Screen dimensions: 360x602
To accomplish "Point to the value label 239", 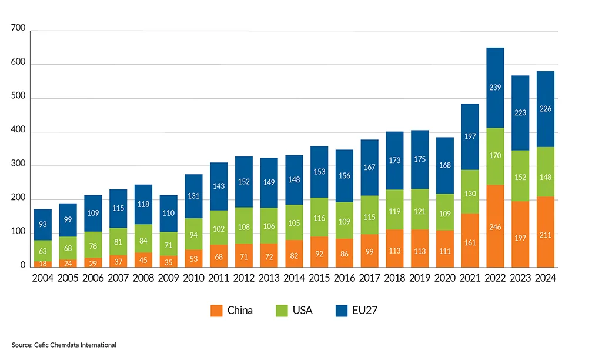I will pyautogui.click(x=496, y=87).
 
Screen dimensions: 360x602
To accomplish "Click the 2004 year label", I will pyautogui.click(x=42, y=278).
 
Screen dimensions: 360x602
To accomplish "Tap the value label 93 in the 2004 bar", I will pyautogui.click(x=42, y=224).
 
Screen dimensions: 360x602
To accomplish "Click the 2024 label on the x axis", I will pyautogui.click(x=545, y=278).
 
